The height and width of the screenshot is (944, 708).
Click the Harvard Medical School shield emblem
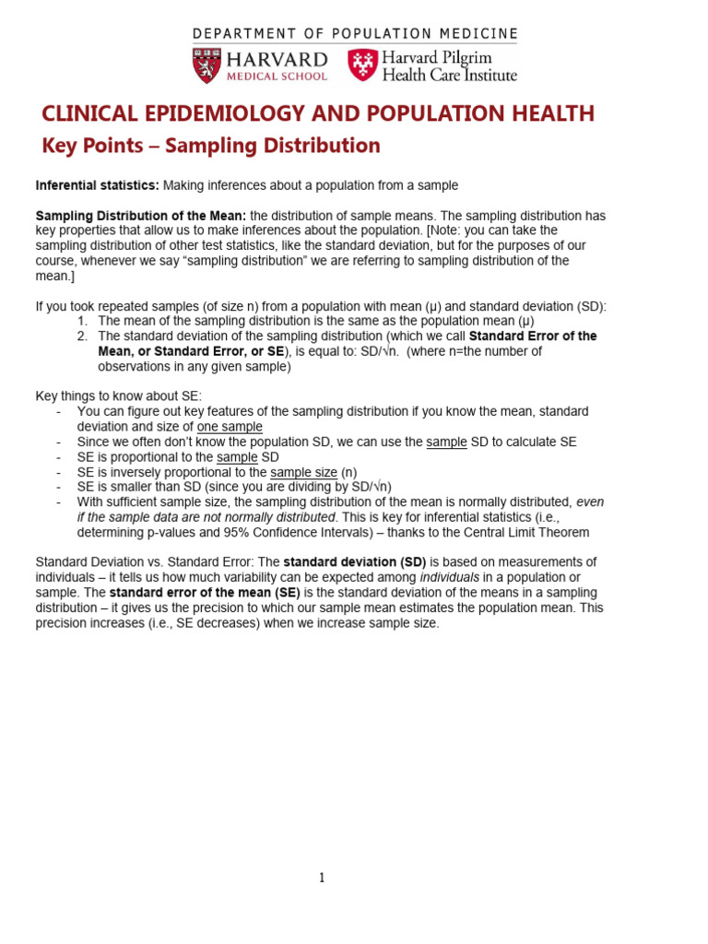click(x=207, y=65)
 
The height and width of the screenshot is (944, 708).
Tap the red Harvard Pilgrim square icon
click(x=362, y=65)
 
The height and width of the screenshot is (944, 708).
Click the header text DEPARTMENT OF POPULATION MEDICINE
click(x=355, y=34)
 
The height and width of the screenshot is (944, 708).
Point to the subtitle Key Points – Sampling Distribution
click(x=211, y=146)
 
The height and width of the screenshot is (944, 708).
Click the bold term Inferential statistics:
click(x=98, y=185)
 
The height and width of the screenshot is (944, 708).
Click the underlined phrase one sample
click(x=230, y=427)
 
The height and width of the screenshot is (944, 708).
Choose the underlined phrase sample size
click(x=304, y=472)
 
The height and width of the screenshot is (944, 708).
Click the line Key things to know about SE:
click(x=119, y=396)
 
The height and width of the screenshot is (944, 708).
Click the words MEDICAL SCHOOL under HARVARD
click(x=283, y=77)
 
